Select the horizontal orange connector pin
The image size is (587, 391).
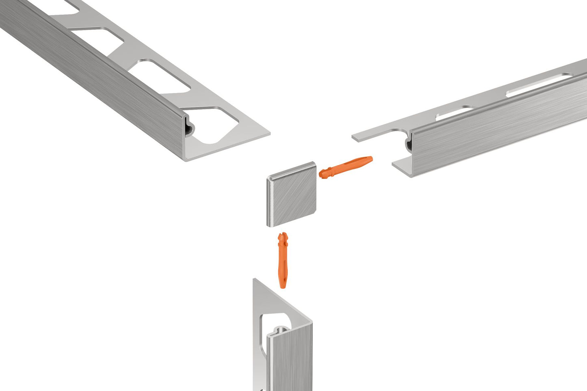click(x=345, y=167)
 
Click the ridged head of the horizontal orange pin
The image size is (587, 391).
click(x=324, y=173)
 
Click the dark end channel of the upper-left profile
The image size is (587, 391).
click(x=190, y=128)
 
